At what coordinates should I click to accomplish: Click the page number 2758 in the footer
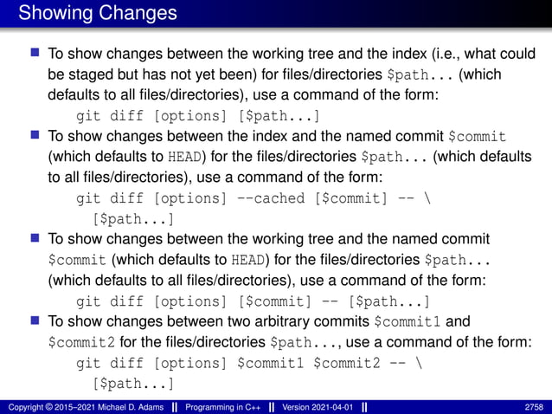[x=535, y=406]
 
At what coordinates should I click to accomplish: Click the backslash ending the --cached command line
[x=421, y=198]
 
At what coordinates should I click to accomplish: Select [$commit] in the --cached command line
[x=347, y=198]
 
